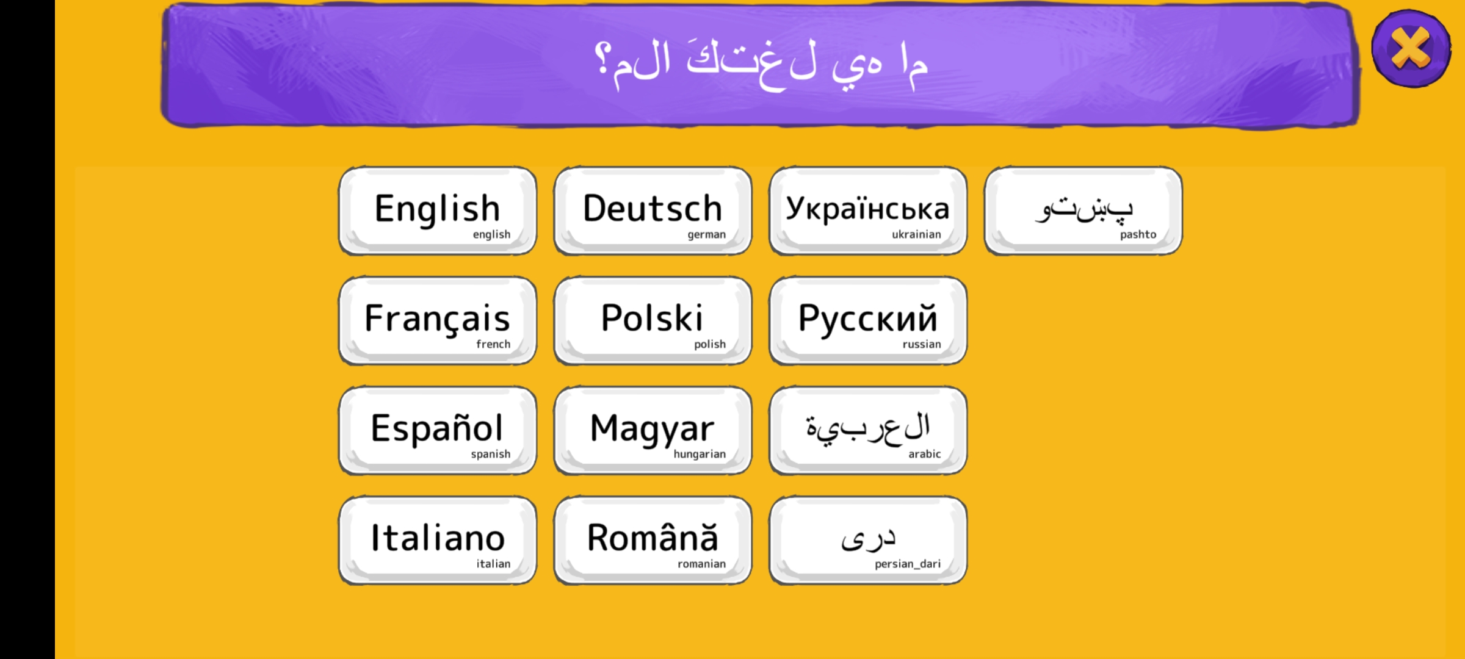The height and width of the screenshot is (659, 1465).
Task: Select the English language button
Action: pyautogui.click(x=438, y=211)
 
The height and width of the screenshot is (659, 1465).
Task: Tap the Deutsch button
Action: pyautogui.click(x=653, y=211)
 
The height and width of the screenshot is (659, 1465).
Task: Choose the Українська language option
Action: pyautogui.click(x=867, y=211)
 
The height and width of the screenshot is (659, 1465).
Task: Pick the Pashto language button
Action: pyautogui.click(x=1083, y=211)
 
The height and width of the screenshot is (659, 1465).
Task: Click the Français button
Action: pyautogui.click(x=438, y=320)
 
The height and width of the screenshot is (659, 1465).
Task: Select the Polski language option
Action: pyautogui.click(x=653, y=320)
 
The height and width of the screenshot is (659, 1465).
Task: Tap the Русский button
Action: pyautogui.click(x=867, y=320)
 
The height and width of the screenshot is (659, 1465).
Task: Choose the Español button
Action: pyautogui.click(x=438, y=430)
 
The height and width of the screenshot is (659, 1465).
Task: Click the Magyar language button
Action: pyautogui.click(x=653, y=430)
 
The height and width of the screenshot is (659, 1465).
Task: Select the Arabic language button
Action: pyautogui.click(x=867, y=430)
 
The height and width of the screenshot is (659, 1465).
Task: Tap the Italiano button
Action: pyautogui.click(x=438, y=540)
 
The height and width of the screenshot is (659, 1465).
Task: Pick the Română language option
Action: pyautogui.click(x=653, y=540)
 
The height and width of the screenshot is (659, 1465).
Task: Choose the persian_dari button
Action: pyautogui.click(x=867, y=540)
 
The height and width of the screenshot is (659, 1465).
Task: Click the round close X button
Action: pyautogui.click(x=1411, y=48)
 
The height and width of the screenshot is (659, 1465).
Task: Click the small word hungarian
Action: pyautogui.click(x=700, y=454)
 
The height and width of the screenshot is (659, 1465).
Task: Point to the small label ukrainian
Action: pyautogui.click(x=916, y=234)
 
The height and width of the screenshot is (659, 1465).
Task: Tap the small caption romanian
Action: pyautogui.click(x=701, y=564)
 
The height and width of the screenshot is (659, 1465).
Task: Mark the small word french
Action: pyautogui.click(x=493, y=344)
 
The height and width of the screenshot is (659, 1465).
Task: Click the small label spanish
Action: pyautogui.click(x=490, y=454)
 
